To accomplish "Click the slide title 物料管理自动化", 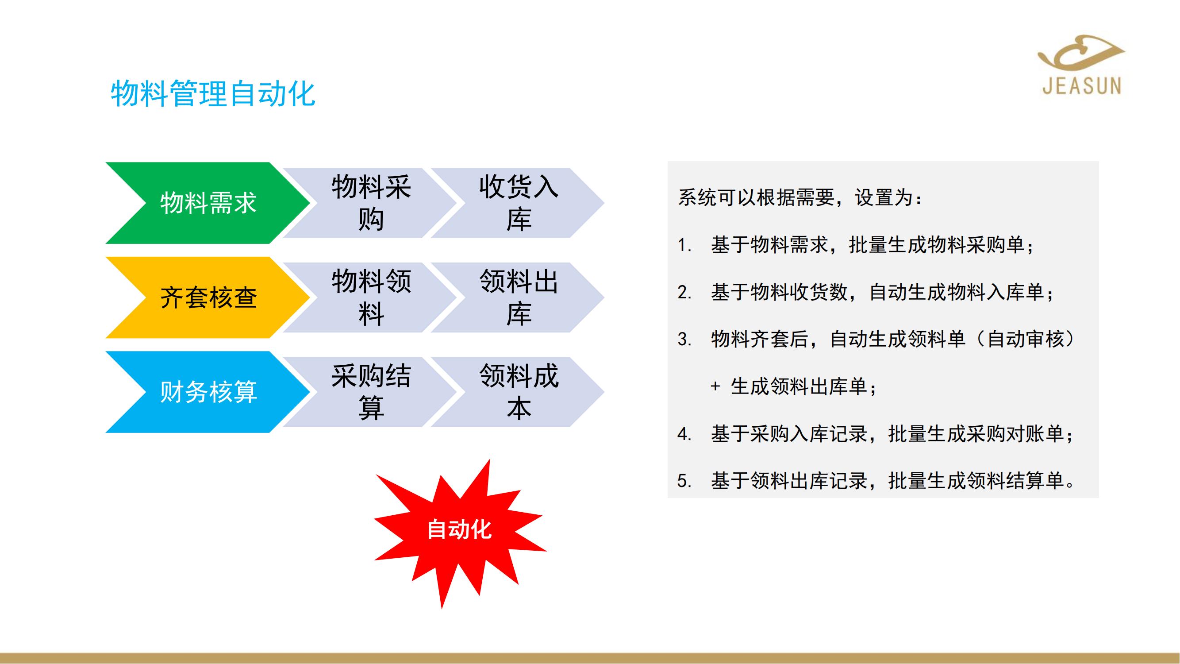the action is click(213, 93).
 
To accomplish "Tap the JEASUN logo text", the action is click(1082, 86).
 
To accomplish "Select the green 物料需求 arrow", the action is click(208, 203).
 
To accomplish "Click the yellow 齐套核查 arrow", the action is click(208, 297).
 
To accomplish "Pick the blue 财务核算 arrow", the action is click(208, 392).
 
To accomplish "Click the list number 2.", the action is click(684, 292).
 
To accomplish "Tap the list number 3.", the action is click(684, 340).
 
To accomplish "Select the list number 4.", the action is click(684, 434).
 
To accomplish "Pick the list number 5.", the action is click(684, 481).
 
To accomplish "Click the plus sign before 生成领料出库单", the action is click(715, 387).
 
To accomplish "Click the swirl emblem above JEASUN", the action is click(1081, 53).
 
